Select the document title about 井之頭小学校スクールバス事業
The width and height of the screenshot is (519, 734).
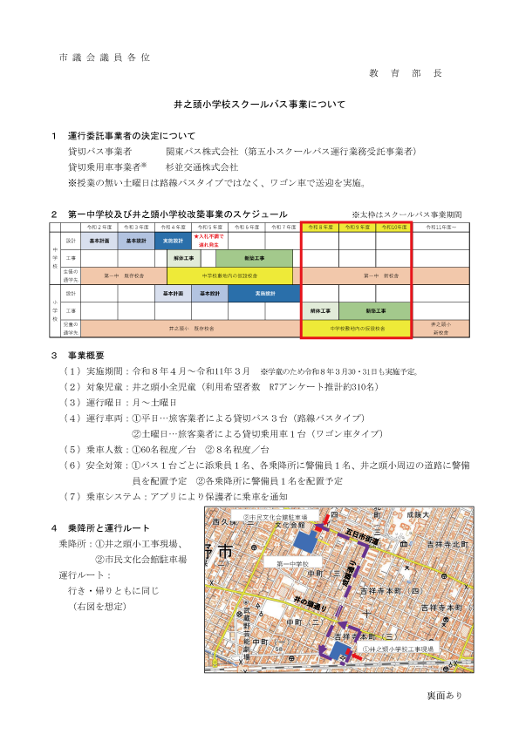coord(259,105)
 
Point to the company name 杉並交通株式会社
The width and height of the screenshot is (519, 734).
coord(202,167)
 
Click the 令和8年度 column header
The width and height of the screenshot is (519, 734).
coord(320,227)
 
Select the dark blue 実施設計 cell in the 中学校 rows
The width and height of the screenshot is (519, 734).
coord(173,240)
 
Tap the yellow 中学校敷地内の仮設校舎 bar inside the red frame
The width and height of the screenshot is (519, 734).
coord(356,329)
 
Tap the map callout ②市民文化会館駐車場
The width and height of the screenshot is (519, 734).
coord(277,517)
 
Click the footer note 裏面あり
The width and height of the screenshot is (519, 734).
coord(445,695)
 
